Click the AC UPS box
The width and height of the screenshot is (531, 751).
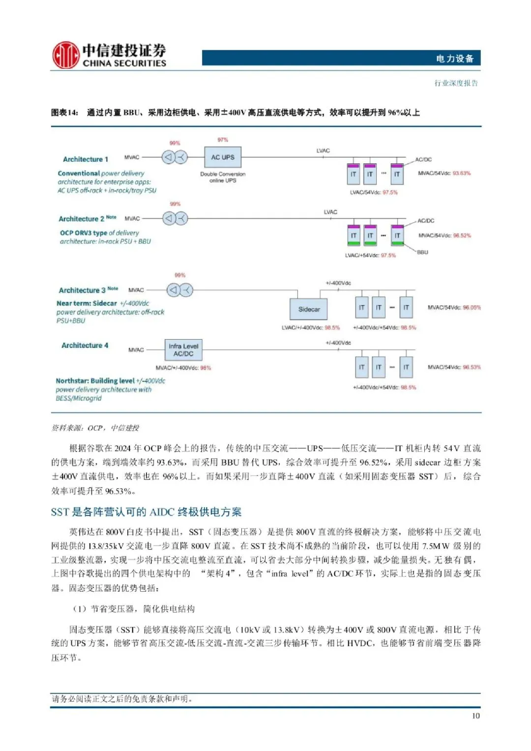point(223,157)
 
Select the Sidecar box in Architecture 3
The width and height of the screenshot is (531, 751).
point(309,309)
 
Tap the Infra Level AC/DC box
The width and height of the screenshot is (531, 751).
point(183,350)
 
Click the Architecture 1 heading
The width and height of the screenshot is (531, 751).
point(86,159)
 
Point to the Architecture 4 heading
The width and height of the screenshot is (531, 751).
point(85,346)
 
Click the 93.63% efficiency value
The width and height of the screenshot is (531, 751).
point(462,173)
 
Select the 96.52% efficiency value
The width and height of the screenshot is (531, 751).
point(462,235)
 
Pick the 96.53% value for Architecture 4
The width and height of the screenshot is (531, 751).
point(472,367)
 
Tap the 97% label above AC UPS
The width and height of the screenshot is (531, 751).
point(223,140)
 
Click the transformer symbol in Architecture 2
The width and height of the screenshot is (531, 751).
point(176,218)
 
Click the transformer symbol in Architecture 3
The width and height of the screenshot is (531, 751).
point(179,290)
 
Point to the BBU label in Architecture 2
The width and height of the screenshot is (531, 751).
point(422,252)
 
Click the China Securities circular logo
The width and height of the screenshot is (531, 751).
point(65,55)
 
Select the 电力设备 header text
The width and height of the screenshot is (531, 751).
point(454,58)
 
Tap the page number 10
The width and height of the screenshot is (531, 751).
point(475,716)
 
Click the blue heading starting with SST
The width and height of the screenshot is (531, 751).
point(146,512)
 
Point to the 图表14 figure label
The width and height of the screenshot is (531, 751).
point(64,113)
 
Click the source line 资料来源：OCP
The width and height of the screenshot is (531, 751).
point(95,428)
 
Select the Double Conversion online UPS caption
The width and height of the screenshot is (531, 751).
point(223,177)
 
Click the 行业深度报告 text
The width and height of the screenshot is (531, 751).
point(456,83)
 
